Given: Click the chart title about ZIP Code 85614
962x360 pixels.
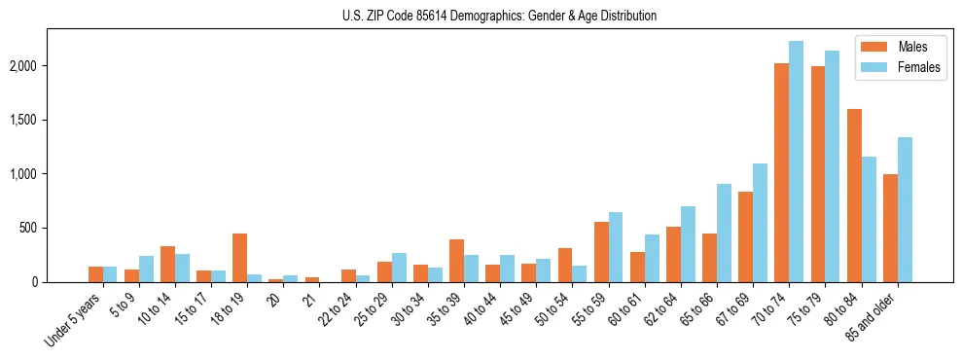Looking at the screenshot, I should pos(499,16).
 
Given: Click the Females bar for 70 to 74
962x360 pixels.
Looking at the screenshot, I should pos(796,162).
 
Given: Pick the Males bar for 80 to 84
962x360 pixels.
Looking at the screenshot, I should pos(854,196).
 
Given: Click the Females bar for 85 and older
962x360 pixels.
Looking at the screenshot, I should pos(905,210).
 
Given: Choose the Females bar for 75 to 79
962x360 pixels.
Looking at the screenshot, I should pos(832,166).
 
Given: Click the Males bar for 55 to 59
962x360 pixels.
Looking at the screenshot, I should pos(601,252).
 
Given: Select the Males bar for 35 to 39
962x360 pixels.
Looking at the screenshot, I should pos(456,261).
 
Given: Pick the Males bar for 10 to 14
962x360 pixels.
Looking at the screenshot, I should pos(167,264).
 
